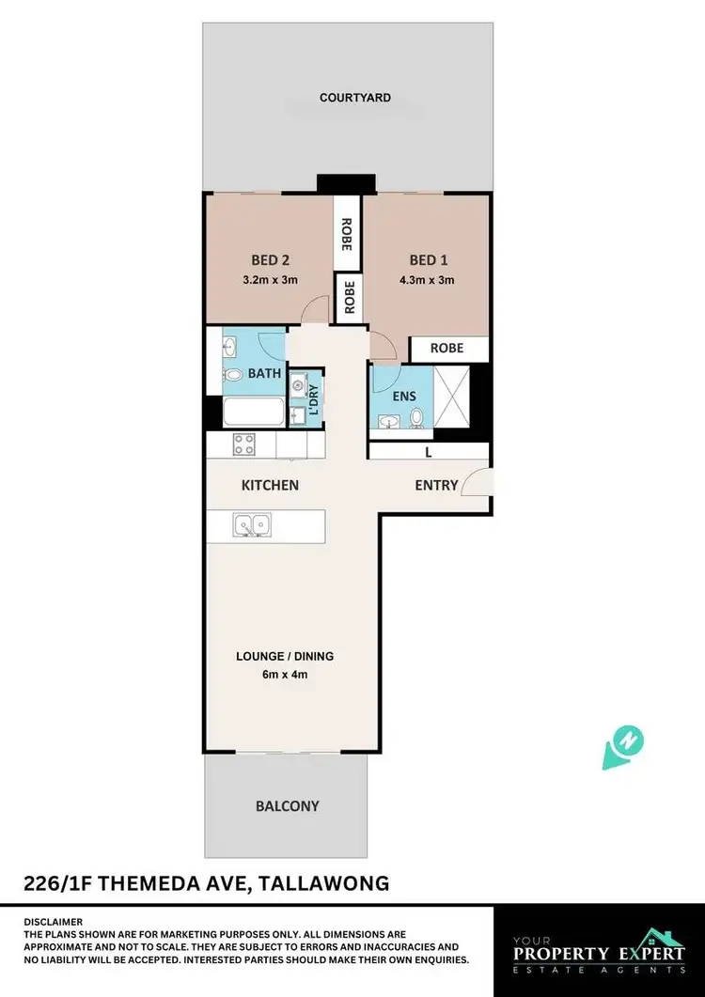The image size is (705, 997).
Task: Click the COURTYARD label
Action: [x=354, y=98]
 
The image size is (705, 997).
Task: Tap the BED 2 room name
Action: [x=270, y=260]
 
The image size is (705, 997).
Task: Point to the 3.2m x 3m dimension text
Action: [x=270, y=279]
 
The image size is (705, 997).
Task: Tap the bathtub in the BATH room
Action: [x=252, y=412]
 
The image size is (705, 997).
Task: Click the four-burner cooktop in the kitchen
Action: [x=244, y=444]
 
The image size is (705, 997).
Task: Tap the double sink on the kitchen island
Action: [x=253, y=524]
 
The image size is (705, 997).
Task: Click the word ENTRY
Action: [x=437, y=486]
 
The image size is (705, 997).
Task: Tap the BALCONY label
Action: [x=288, y=805]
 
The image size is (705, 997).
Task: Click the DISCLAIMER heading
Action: [x=54, y=922]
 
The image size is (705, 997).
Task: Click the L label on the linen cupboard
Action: [x=429, y=453]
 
